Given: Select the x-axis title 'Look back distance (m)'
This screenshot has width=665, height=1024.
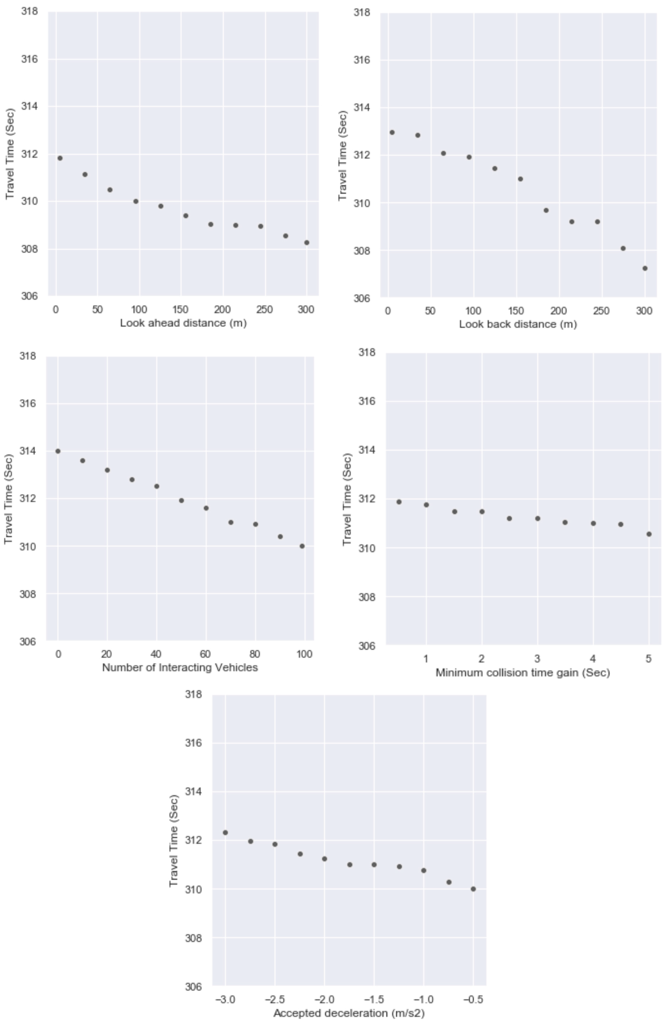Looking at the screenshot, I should point(518,324).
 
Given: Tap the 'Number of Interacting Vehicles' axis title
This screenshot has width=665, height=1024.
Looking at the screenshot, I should point(180,667).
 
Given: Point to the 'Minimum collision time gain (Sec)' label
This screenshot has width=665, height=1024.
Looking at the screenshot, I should point(522,673).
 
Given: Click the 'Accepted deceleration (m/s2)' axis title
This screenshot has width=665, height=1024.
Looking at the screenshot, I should point(349,1013).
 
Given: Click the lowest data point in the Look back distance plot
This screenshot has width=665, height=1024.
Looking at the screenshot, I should point(645,268).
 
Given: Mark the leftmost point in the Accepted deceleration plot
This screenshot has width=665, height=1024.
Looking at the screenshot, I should point(225,833).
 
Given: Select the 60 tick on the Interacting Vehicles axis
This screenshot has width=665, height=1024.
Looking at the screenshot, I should point(205,654).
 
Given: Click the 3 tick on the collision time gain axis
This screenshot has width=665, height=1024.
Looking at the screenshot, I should point(537,659).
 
